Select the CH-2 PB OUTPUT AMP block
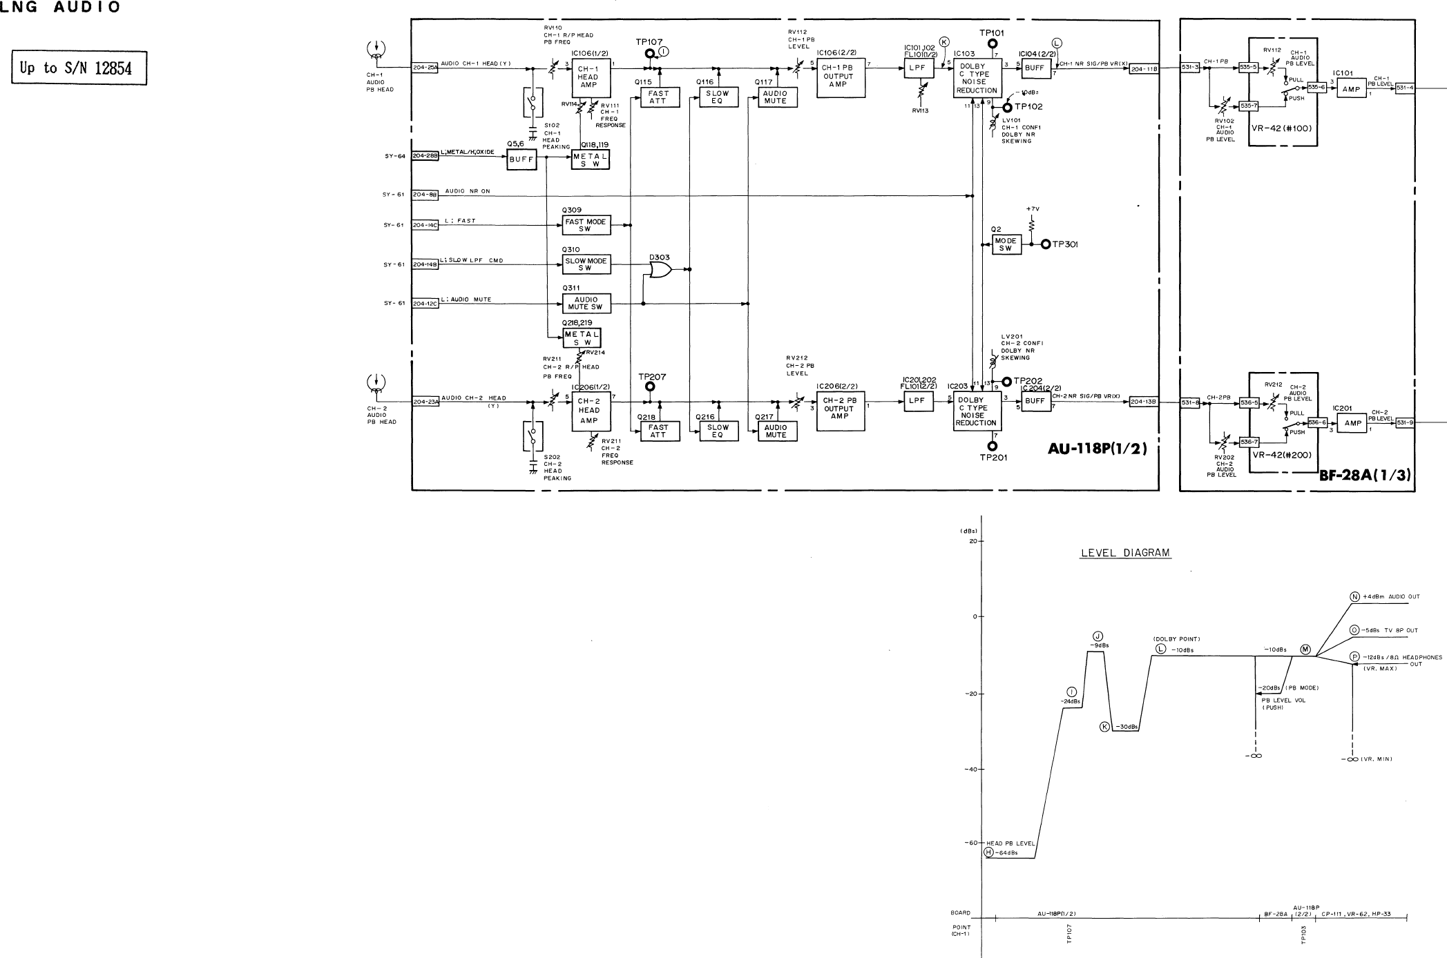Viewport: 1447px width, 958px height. (839, 409)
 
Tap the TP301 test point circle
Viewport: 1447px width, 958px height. (1046, 244)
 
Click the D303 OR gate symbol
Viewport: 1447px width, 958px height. (659, 270)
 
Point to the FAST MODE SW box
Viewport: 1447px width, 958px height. (586, 225)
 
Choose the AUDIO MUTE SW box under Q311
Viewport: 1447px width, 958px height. (586, 303)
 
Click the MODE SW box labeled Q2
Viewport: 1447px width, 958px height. (1006, 244)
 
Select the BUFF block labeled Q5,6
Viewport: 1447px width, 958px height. (521, 158)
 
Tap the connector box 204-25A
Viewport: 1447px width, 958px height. (425, 68)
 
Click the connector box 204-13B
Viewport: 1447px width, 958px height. (1144, 402)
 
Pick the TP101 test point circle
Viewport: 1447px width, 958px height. (993, 43)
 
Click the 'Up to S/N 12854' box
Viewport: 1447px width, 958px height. (79, 68)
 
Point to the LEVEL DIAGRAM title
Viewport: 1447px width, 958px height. (1125, 553)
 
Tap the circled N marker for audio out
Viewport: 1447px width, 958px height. (1354, 597)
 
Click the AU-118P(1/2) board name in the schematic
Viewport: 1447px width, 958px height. (1097, 449)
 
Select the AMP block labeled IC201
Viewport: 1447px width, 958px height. (1352, 423)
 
